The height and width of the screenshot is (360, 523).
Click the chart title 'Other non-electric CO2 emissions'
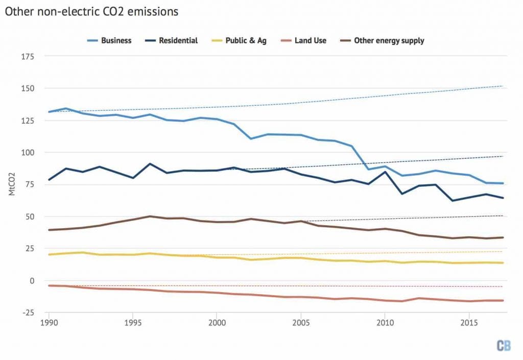[x=92, y=11]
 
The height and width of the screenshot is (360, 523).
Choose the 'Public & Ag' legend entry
[x=251, y=40]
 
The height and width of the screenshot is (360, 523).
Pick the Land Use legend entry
[x=310, y=40]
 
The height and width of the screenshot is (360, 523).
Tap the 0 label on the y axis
[x=32, y=280]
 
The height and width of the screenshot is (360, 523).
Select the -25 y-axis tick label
[x=28, y=313]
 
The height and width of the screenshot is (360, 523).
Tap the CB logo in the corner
[x=503, y=345]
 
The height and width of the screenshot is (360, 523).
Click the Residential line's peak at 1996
[x=149, y=164]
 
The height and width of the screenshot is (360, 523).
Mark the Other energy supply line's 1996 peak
[x=149, y=216]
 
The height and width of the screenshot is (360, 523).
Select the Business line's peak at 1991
[x=65, y=108]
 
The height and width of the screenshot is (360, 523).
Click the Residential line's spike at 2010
[x=385, y=172]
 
